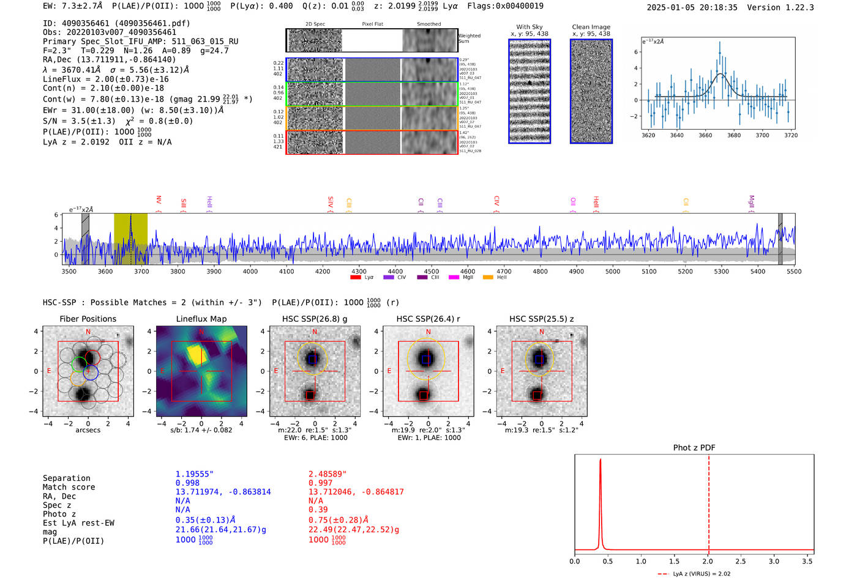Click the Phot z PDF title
pos(694,448)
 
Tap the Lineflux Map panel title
pos(201,319)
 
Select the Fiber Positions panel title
pos(88,319)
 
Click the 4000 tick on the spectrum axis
pos(250,271)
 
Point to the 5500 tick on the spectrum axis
pos(794,271)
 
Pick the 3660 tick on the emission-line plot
pos(705,135)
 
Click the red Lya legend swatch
pos(356,278)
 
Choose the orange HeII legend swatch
pos(488,278)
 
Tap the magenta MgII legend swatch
pos(454,278)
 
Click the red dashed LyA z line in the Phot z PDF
pos(709,502)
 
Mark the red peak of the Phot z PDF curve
pos(601,459)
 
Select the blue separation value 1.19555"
pos(195,474)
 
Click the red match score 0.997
pos(320,483)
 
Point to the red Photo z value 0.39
pos(318,510)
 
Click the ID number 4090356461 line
pos(116,23)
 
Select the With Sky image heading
pos(530,27)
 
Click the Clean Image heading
pos(591,27)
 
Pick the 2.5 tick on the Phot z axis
pos(741,561)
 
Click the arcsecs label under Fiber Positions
pos(88,430)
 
